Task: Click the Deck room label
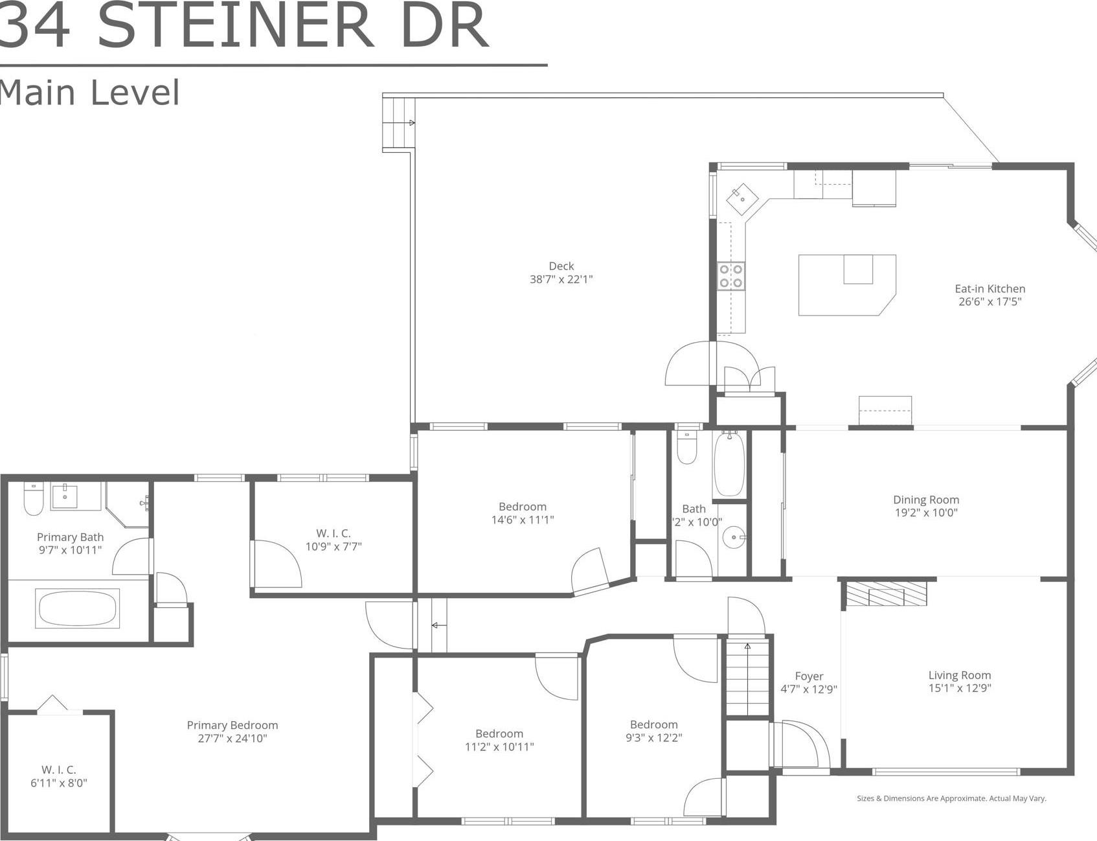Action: pos(561,266)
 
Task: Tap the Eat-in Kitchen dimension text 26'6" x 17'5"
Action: pos(990,301)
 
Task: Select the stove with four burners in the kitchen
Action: pos(730,275)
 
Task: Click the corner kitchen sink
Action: pos(742,199)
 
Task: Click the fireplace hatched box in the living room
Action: pos(887,593)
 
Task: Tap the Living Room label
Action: pos(959,675)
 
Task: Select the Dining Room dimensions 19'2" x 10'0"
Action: pos(926,513)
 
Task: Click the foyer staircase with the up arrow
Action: pos(747,677)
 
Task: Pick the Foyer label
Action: pos(809,676)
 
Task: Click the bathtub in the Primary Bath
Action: pos(78,608)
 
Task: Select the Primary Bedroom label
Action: pos(232,725)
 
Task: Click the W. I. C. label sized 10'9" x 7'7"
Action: pos(333,533)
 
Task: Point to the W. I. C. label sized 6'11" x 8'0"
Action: pos(58,770)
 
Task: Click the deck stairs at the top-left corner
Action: pos(398,124)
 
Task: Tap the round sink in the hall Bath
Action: pos(733,538)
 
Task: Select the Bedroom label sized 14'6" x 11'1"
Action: pos(522,507)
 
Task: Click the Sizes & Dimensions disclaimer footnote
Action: pos(951,798)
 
